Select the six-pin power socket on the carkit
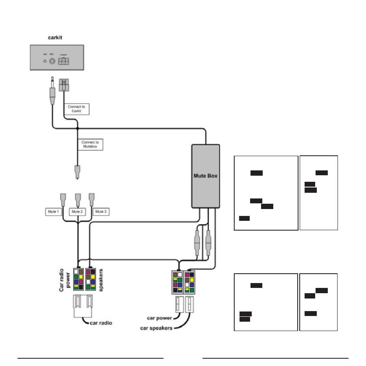coord(64,62)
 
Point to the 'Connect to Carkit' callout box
coord(77,109)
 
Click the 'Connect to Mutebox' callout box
coord(90,144)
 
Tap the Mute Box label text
coord(205,176)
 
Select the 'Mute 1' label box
coord(53,212)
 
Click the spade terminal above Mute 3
coord(91,199)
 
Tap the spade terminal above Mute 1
coord(64,199)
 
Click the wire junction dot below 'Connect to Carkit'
coord(77,129)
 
